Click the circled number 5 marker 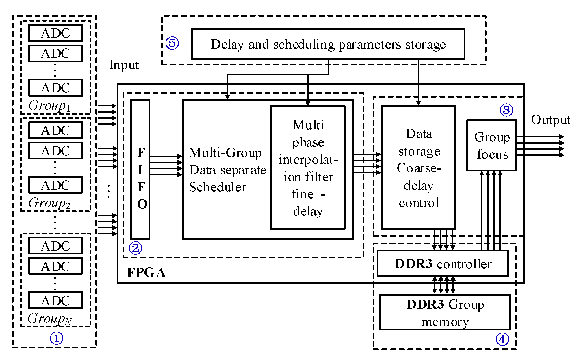click(172, 43)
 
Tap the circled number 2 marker click(135, 248)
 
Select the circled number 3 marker click(506, 110)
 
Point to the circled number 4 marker click(502, 339)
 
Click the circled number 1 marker click(57, 338)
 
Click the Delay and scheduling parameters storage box click(328, 44)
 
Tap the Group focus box click(491, 145)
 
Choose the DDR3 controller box click(443, 263)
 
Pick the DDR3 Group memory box click(445, 312)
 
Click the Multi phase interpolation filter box click(308, 168)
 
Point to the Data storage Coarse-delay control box click(418, 168)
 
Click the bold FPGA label click(146, 273)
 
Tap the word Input click(124, 65)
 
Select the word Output click(550, 120)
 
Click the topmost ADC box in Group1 click(55, 33)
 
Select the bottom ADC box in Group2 click(55, 185)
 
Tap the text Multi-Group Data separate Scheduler click(227, 170)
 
